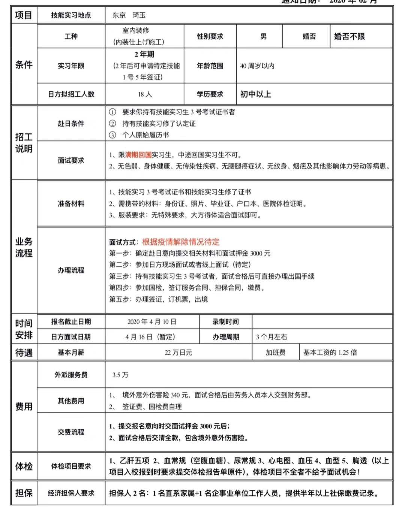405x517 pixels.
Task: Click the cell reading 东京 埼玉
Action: click(129, 15)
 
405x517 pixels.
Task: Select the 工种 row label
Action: click(71, 36)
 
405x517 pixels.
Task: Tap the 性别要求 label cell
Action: click(210, 36)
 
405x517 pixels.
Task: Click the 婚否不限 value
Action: click(349, 36)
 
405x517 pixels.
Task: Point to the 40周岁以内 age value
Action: click(257, 66)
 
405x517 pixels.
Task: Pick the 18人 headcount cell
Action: click(145, 94)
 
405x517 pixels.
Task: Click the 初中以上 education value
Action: click(256, 94)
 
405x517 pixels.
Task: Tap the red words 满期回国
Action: click(138, 155)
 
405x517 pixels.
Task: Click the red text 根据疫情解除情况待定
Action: click(181, 242)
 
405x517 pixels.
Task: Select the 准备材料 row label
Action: click(71, 203)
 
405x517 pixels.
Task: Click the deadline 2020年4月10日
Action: click(152, 322)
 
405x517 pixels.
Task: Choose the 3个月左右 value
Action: click(272, 337)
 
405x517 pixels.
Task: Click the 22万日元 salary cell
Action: click(178, 353)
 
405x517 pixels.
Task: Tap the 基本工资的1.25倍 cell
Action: click(330, 353)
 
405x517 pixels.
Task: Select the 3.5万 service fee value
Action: click(120, 375)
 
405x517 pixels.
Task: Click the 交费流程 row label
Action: click(71, 432)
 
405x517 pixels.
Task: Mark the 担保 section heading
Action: click(24, 493)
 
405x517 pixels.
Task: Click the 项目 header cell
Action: click(24, 15)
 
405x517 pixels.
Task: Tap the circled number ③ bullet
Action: click(112, 135)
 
